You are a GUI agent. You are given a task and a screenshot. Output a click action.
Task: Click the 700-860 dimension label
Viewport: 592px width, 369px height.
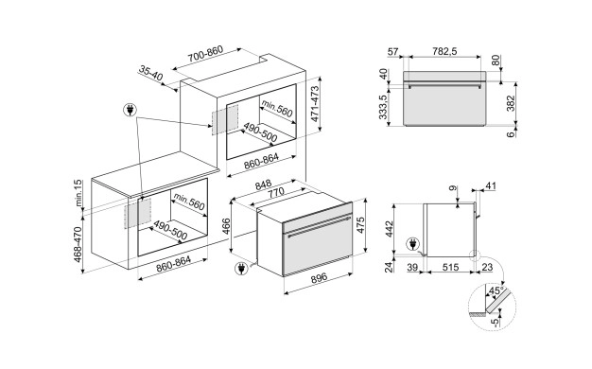206,54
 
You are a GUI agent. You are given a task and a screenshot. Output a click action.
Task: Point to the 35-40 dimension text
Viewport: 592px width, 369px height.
150,73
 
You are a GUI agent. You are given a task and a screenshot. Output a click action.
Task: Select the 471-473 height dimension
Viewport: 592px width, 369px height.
315,104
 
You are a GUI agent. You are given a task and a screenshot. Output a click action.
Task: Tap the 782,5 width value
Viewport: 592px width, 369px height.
444,51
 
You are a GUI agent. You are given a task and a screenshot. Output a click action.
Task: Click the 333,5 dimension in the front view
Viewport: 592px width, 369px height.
384,107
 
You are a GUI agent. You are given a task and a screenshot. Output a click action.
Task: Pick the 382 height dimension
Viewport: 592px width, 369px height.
510,104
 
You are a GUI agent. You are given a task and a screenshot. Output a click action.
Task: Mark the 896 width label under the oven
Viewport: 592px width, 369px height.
319,279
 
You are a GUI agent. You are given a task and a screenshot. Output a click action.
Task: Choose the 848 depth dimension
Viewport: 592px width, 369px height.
263,185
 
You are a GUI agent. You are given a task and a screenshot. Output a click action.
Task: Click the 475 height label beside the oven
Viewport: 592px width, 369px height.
360,225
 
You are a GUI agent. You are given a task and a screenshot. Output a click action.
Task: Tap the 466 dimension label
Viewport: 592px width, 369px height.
226,226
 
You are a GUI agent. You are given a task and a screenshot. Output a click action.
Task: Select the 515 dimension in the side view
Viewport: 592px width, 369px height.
450,268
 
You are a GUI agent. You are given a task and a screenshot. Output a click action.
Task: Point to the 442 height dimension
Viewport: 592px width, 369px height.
390,229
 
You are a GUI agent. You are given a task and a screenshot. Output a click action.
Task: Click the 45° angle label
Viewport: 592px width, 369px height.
496,290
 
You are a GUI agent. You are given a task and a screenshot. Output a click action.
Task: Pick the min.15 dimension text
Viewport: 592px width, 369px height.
78,193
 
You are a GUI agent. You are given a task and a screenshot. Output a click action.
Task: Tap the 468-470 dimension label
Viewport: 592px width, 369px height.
78,244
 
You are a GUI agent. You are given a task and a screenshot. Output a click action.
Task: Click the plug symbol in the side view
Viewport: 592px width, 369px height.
412,244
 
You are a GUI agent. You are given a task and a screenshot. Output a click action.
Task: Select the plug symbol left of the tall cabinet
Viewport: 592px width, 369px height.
131,111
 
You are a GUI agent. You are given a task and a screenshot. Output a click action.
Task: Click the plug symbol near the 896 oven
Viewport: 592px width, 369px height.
240,269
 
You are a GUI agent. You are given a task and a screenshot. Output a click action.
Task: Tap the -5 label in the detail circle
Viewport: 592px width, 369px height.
496,323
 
